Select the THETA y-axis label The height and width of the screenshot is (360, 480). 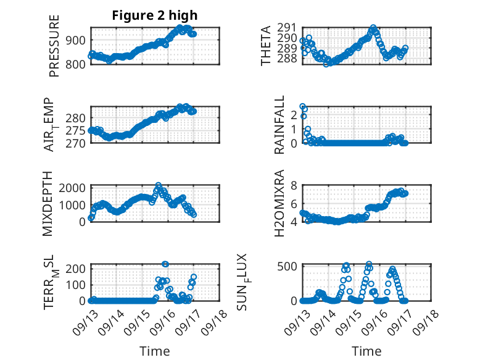[266, 46]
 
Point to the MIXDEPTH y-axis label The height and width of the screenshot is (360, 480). [48, 203]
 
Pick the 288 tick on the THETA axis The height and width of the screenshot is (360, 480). [288, 59]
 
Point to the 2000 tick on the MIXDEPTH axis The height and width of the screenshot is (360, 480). [75, 188]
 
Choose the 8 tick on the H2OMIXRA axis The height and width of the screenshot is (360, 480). [295, 185]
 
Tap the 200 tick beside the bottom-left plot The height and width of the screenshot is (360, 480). [78, 268]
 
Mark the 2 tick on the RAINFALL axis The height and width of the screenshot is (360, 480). [295, 114]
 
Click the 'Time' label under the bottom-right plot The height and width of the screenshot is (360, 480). [366, 351]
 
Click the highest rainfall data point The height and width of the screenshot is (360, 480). [302, 107]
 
